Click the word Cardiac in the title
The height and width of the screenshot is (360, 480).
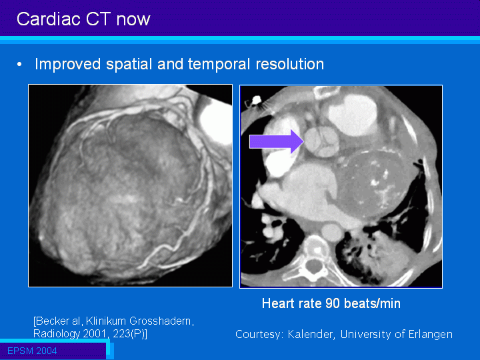49,19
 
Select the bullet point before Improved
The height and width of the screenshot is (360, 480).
19,65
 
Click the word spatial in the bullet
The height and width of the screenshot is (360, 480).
129,65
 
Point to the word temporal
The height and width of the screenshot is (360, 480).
219,65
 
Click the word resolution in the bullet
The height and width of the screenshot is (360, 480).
289,64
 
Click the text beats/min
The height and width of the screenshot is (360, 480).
372,303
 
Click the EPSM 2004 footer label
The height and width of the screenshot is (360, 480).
32,351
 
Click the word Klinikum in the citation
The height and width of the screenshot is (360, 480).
105,321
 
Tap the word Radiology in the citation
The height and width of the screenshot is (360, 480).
56,334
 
